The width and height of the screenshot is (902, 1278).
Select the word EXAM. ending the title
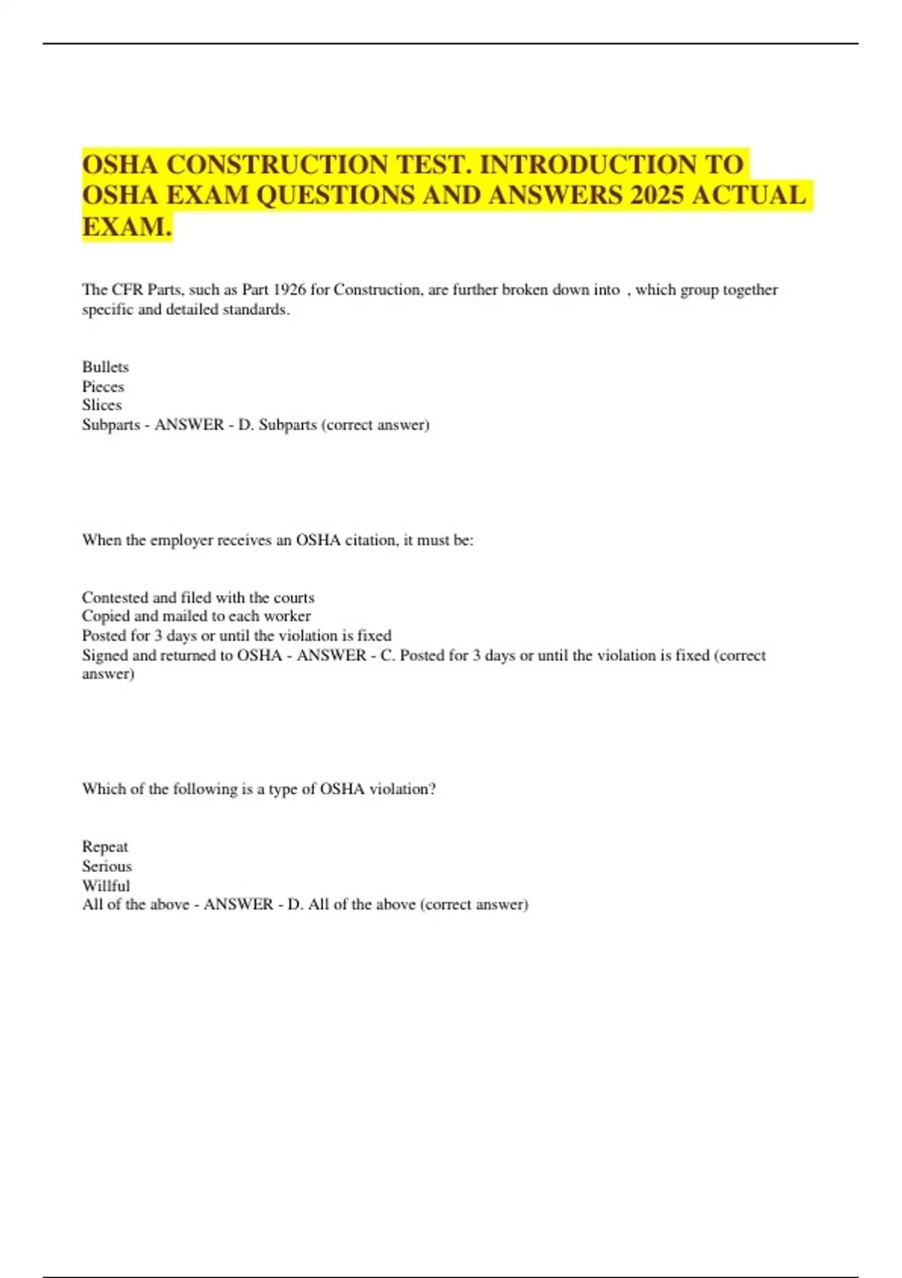point(127,226)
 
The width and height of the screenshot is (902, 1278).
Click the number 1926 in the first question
point(289,290)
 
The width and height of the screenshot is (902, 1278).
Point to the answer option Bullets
point(105,367)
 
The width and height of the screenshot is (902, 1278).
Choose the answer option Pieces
point(103,386)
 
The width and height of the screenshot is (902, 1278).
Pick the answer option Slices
point(101,405)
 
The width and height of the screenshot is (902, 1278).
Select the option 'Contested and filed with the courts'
point(198,598)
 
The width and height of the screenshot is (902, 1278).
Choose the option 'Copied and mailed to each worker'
point(196,616)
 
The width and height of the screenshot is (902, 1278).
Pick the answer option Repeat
point(105,846)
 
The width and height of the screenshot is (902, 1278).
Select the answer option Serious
point(107,866)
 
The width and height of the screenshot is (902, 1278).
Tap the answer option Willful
point(106,886)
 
